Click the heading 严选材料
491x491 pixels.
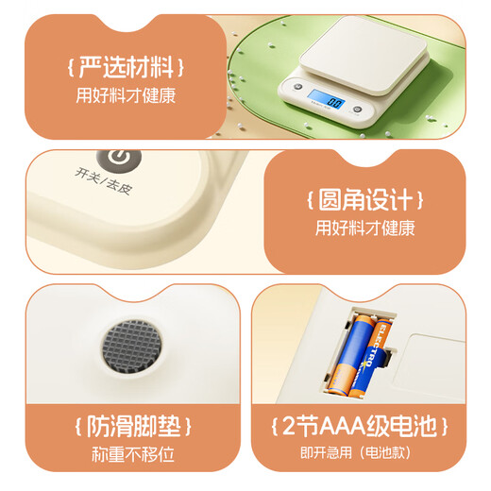click(125, 68)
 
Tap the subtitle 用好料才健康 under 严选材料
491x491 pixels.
click(125, 95)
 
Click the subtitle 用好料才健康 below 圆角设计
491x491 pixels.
click(364, 228)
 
